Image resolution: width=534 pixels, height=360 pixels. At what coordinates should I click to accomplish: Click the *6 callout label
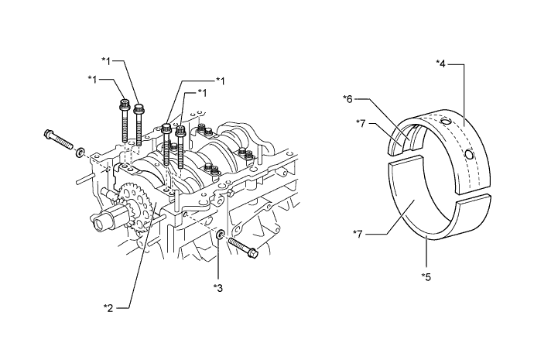(348, 98)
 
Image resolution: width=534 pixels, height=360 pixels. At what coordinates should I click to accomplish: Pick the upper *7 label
(361, 122)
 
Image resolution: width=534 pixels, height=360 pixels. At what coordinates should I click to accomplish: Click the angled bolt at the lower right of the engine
(244, 249)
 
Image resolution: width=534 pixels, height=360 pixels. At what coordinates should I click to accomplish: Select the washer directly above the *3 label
(219, 234)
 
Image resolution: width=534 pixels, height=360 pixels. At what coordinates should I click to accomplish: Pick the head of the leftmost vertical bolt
(124, 102)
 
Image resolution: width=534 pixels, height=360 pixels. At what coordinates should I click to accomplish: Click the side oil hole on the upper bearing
(470, 154)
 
